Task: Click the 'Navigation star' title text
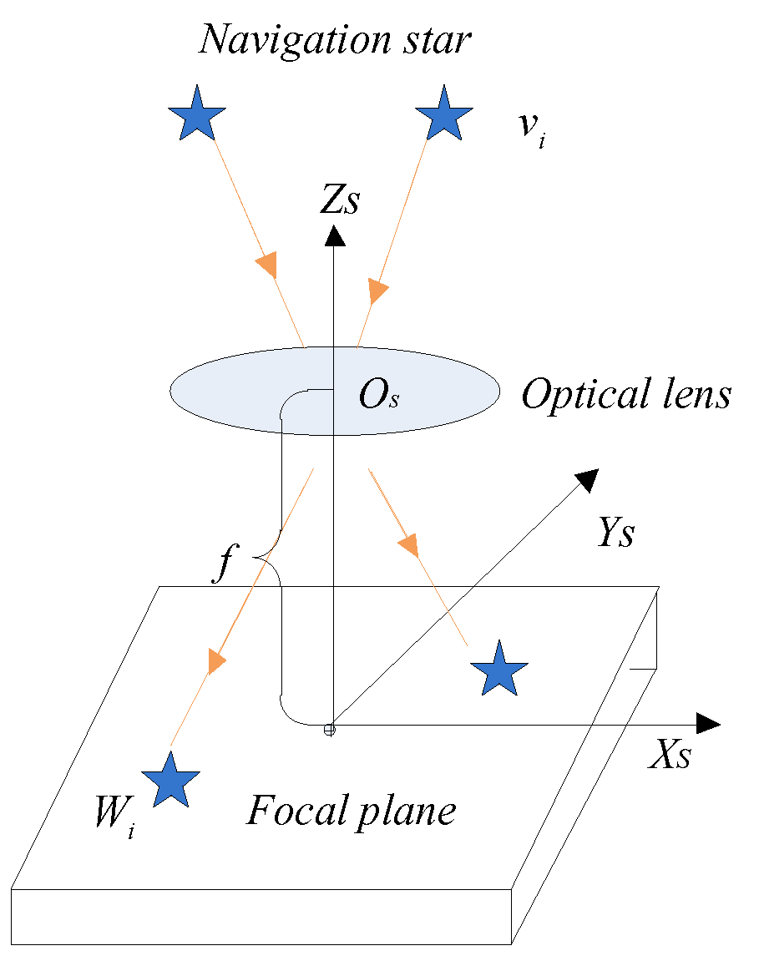pos(335,39)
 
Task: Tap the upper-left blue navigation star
pos(197,114)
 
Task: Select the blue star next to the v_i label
pos(444,114)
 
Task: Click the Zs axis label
pos(338,201)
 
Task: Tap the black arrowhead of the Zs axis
pos(334,235)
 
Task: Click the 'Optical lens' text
pos(625,394)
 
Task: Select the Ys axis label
pos(615,533)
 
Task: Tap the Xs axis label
pos(670,756)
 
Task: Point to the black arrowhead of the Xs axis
pos(707,724)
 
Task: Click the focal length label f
pos(222,567)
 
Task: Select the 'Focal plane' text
pos(351,811)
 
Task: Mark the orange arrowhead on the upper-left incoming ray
pos(266,265)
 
